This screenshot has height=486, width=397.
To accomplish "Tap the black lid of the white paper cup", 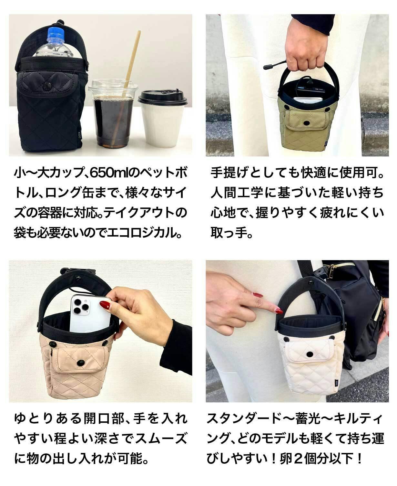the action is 162,98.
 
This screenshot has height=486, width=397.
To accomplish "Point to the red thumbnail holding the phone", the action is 105,306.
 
